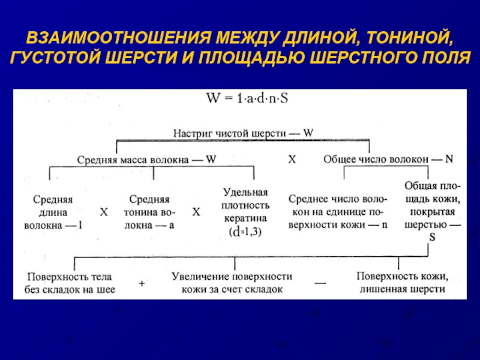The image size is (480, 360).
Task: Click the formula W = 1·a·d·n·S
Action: point(247,98)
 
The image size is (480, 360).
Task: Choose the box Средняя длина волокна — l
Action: point(53,212)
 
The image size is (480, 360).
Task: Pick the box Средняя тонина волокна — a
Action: point(149,212)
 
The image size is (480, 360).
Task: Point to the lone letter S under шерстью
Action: point(432,238)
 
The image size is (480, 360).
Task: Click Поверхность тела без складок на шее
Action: point(71,283)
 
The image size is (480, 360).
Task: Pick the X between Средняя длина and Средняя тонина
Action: point(103,212)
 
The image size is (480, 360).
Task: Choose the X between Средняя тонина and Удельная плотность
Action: point(196,212)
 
